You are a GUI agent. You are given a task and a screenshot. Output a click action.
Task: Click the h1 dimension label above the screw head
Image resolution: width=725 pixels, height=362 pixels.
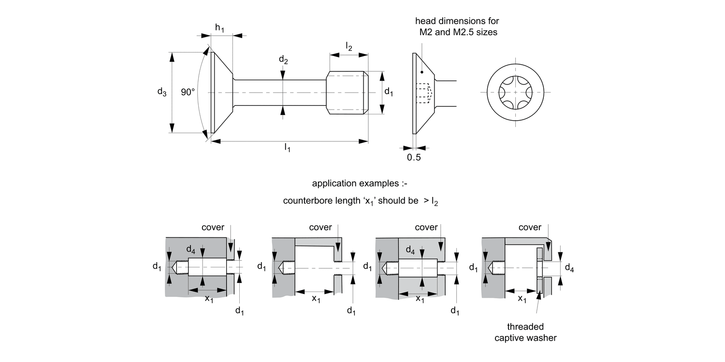click(220, 28)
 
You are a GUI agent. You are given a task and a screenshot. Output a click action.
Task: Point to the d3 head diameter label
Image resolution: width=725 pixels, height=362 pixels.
click(162, 92)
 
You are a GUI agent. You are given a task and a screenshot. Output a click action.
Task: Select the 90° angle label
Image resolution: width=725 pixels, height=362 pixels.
click(188, 92)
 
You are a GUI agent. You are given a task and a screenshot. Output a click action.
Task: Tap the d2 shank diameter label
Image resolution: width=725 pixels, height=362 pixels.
click(283, 60)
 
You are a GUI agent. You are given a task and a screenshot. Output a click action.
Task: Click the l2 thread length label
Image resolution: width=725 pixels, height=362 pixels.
click(348, 46)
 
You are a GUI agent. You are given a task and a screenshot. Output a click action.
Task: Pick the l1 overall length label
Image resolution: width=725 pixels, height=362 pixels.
click(288, 147)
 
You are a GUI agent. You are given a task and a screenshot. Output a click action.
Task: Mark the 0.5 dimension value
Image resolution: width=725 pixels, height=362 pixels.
click(414, 157)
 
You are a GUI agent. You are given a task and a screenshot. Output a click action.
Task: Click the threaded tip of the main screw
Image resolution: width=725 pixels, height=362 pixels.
click(347, 92)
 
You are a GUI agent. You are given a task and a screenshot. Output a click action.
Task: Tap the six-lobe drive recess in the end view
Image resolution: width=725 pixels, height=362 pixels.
click(515, 92)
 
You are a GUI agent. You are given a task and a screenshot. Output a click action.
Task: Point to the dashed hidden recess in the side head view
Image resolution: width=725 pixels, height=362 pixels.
click(423, 93)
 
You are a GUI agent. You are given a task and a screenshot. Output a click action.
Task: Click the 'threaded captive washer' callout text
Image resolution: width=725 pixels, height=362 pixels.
click(525, 332)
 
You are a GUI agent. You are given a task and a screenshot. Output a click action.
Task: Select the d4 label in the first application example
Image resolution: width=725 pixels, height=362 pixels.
click(191, 250)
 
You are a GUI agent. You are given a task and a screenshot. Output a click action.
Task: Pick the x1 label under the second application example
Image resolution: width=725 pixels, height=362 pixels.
click(316, 299)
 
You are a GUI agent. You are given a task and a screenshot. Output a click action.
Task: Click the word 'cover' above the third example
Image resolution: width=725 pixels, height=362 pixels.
click(426, 227)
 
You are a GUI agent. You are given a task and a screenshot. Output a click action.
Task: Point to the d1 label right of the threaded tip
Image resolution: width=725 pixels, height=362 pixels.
click(388, 92)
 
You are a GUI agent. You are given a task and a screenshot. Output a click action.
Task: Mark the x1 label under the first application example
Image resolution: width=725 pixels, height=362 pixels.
click(209, 299)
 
